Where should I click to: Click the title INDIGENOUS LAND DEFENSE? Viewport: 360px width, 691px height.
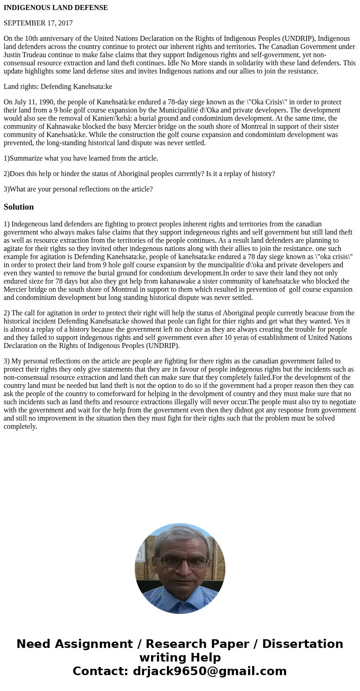[x=56, y=8]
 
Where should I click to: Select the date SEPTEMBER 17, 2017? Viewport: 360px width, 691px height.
[x=38, y=23]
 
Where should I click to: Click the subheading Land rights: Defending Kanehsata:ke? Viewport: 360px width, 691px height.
[x=58, y=87]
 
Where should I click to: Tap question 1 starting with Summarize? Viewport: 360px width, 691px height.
[x=81, y=158]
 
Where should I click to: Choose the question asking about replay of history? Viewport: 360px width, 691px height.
[x=139, y=174]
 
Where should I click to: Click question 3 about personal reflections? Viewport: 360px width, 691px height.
[x=78, y=189]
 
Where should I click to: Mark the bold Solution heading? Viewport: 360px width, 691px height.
[x=19, y=207]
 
